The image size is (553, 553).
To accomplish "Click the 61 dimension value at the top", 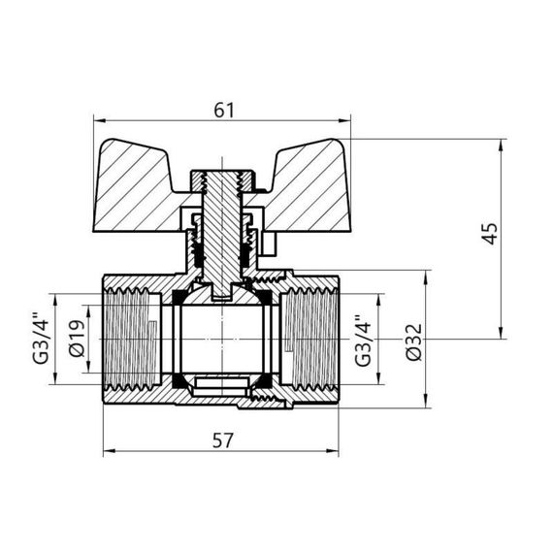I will pyautogui.click(x=224, y=110).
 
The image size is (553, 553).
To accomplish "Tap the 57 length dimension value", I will pyautogui.click(x=223, y=441).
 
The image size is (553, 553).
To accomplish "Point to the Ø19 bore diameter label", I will pyautogui.click(x=81, y=339).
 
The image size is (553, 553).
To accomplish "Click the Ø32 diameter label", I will pyautogui.click(x=414, y=340).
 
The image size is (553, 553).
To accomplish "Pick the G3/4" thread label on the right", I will pyautogui.click(x=363, y=339).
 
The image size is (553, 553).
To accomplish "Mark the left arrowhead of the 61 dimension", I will pyautogui.click(x=98, y=121).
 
